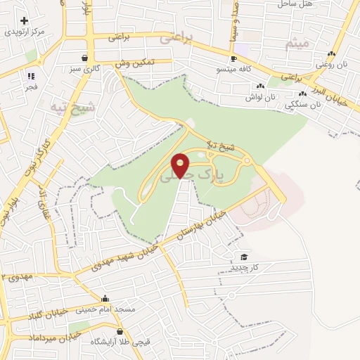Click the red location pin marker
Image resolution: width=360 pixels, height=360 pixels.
click(181, 166)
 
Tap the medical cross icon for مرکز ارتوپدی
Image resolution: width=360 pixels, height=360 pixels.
click(25, 21)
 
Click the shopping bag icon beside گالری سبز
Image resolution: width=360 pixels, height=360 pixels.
click(85, 58)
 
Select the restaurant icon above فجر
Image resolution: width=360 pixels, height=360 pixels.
click(31, 76)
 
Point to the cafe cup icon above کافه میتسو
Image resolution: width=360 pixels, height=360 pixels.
click(233, 59)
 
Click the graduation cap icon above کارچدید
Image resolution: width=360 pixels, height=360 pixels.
click(245, 257)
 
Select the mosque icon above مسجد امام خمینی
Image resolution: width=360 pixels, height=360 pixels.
click(105, 299)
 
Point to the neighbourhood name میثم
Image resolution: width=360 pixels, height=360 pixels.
click(297, 44)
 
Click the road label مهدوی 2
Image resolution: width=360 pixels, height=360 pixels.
click(17, 276)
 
